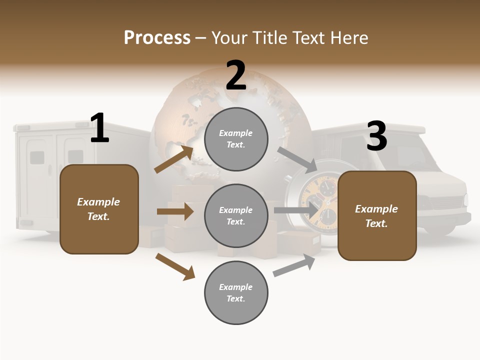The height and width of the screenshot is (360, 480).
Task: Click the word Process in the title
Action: coord(157,38)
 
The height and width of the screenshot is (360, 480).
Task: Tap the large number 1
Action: coord(99,128)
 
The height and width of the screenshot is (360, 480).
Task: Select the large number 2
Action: coord(236,75)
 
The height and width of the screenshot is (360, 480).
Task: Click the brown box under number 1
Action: coord(99,209)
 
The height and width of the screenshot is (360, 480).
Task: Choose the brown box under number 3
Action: coord(377,215)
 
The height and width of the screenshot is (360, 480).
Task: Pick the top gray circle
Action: coord(236,138)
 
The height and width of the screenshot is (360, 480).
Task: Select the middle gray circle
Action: coord(236,215)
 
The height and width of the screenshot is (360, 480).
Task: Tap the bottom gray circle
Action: coord(236,292)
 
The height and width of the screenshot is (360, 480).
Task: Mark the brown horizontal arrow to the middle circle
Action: coord(175,211)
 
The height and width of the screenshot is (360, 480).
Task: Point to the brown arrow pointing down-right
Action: coord(175,266)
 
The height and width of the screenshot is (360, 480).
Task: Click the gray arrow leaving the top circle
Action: coord(296,158)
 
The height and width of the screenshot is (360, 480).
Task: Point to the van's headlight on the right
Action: coord(465,199)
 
